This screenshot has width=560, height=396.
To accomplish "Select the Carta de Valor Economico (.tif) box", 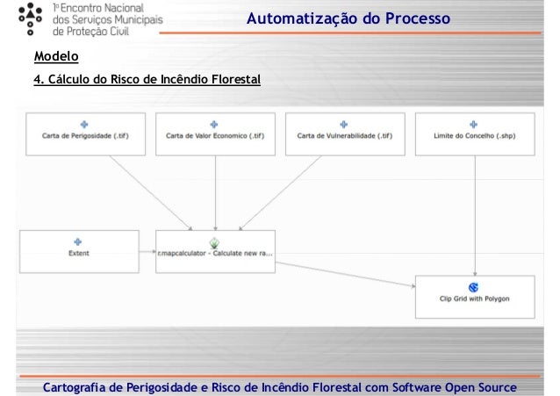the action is tap(216, 134).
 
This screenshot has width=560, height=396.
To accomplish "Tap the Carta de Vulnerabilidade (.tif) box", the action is tap(345, 134).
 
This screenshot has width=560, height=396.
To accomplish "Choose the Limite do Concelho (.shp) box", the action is tap(474, 134).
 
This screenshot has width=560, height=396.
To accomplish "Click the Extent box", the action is tap(79, 251).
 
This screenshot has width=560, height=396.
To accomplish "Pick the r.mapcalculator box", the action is tap(216, 251).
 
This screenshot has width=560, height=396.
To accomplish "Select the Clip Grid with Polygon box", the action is tap(474, 296).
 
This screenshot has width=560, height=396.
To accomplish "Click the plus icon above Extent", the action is tap(78, 241).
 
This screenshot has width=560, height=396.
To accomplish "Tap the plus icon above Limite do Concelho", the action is tap(474, 124).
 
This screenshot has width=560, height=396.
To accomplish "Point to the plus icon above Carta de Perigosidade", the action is tap(85, 124).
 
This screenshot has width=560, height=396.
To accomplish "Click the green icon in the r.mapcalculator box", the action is tap(214, 241).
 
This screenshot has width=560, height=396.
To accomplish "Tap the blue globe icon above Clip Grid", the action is tap(474, 286).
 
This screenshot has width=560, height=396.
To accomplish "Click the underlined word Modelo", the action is tap(55, 58).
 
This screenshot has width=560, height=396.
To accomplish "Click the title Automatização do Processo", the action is tap(348, 19).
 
